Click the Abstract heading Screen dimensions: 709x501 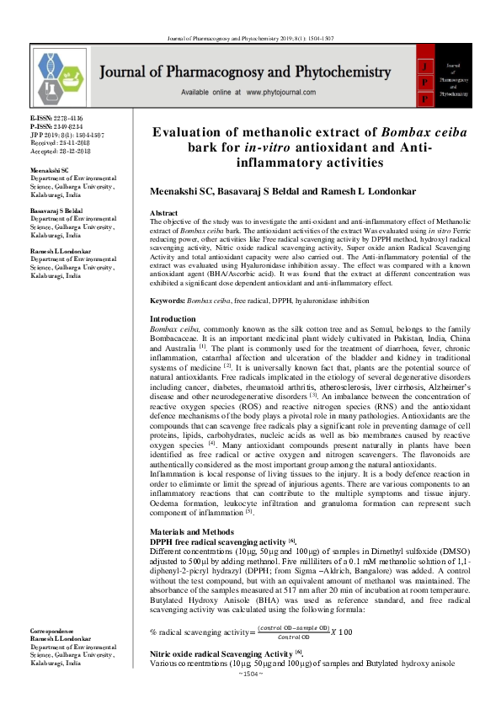163,214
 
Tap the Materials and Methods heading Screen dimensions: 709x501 189,532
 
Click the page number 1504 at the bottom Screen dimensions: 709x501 251,697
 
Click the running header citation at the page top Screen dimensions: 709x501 252,15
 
